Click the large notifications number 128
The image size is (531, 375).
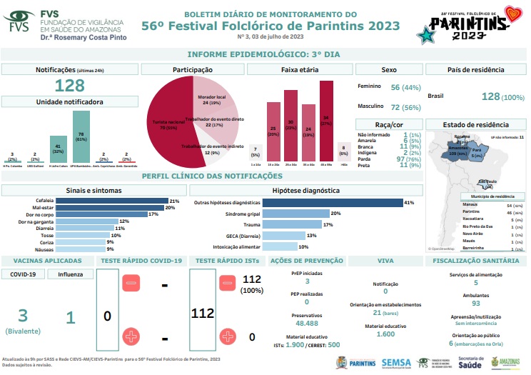tap(70, 86)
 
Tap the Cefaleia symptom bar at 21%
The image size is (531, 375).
tap(112, 201)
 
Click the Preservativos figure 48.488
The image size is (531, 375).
tap(306, 323)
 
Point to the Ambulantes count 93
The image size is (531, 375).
tap(475, 304)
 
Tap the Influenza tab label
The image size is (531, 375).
tap(70, 274)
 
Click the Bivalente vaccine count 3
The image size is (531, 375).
tap(23, 316)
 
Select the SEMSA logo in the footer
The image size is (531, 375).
tap(396, 362)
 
